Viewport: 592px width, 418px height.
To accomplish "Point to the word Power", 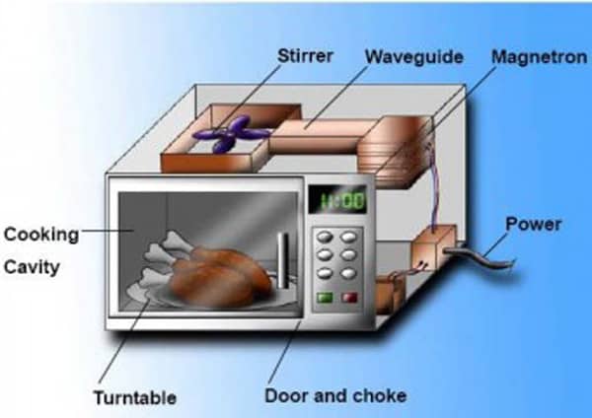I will [533, 224].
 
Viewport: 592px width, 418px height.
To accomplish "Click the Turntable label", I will [135, 397].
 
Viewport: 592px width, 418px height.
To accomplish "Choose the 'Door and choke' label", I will [335, 396].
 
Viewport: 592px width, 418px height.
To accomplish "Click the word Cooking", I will [41, 235].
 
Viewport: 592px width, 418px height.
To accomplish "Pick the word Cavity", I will [32, 267].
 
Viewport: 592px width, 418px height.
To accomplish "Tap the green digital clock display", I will [340, 201].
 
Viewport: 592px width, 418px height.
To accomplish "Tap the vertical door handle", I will [283, 258].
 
